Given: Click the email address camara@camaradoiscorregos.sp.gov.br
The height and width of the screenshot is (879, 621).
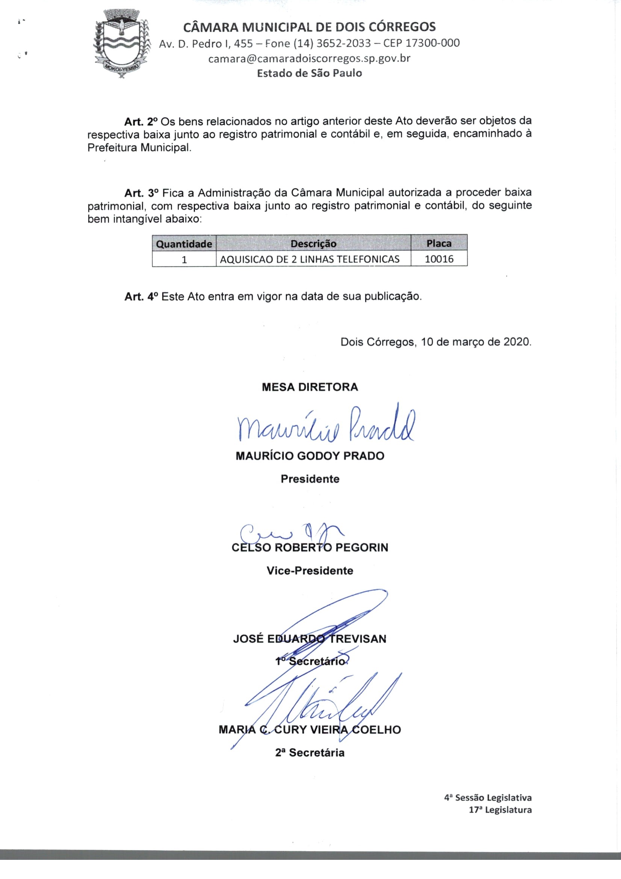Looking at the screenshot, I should [309, 59].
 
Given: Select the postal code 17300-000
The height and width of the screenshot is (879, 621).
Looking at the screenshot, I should [432, 43].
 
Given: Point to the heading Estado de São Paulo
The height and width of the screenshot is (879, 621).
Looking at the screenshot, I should [309, 73].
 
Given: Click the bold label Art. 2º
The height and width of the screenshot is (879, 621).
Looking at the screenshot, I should [141, 122].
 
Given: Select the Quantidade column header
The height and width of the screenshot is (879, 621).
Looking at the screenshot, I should [184, 244].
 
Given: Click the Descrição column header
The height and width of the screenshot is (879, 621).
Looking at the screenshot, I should [313, 244].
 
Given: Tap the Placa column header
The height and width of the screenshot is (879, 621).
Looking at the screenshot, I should [439, 243].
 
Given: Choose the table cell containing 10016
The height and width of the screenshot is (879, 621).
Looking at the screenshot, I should [439, 259].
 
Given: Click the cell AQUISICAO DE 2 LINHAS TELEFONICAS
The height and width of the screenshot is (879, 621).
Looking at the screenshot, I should [310, 259].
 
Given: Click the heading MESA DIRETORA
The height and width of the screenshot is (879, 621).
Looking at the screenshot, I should [310, 387].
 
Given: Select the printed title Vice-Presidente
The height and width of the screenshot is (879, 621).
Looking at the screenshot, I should [310, 571].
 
